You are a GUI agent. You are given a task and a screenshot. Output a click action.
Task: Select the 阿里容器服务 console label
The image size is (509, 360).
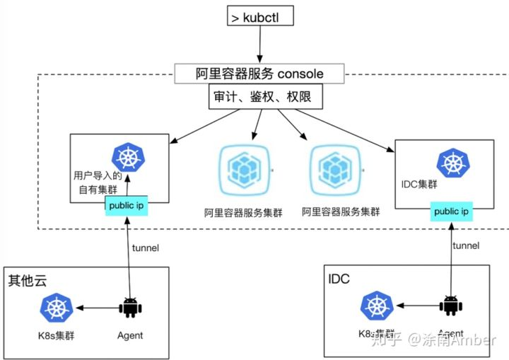259,74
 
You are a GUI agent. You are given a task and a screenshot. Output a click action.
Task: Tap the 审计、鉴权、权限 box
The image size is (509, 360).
265,97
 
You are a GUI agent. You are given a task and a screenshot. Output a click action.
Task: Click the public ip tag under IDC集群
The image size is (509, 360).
452,211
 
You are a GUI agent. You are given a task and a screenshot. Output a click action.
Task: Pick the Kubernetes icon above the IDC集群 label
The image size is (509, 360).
451,163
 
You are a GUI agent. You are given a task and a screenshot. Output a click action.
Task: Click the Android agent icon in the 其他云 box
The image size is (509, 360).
129,308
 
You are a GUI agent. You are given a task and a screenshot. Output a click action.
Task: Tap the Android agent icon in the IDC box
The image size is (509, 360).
450,306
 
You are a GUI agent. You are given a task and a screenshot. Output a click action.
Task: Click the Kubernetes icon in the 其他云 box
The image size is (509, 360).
56,308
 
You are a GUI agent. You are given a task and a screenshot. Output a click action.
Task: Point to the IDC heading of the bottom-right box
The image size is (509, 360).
339,278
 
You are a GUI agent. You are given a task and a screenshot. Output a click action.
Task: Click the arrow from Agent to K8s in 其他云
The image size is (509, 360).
97,308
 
